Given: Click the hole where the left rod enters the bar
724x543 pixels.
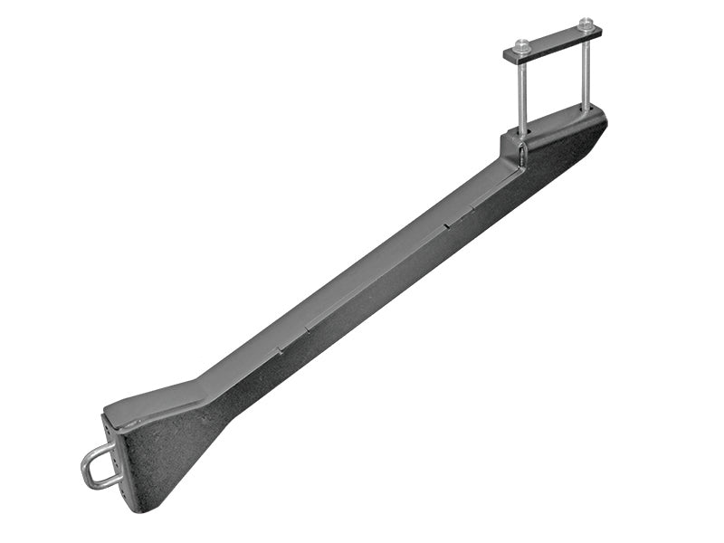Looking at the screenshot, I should pos(523,132).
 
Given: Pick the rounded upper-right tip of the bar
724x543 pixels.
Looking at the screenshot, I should pos(601,118).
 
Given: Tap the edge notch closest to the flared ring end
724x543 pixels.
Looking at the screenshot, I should pos(280,348).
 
